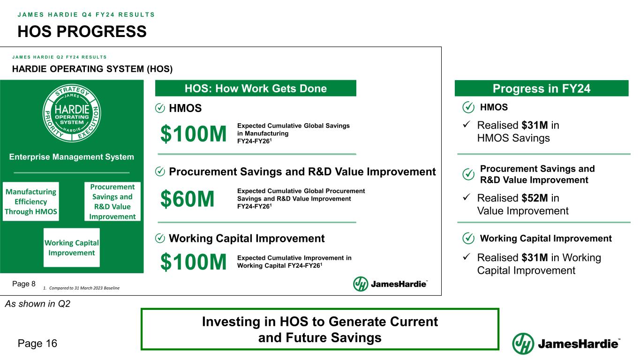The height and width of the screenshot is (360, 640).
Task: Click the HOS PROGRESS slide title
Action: pyautogui.click(x=82, y=31)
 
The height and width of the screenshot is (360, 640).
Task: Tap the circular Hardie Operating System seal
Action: pyautogui.click(x=72, y=113)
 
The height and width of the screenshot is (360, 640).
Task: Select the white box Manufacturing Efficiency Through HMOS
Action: pyautogui.click(x=31, y=202)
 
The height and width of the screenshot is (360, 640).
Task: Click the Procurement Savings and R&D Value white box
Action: pyautogui.click(x=113, y=202)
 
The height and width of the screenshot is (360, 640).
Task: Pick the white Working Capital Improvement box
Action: pyautogui.click(x=72, y=247)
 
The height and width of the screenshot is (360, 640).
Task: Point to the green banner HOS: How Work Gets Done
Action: pyautogui.click(x=256, y=88)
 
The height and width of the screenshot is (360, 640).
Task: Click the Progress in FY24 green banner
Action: pyautogui.click(x=542, y=88)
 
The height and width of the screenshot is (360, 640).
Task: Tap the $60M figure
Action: pyautogui.click(x=188, y=199)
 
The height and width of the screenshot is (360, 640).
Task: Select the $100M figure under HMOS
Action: pyautogui.click(x=194, y=134)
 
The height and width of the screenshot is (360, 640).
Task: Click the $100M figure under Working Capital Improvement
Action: pyautogui.click(x=194, y=262)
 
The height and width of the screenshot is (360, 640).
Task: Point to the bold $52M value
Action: pyautogui.click(x=535, y=198)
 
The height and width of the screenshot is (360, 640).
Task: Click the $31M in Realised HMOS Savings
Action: pyautogui.click(x=535, y=125)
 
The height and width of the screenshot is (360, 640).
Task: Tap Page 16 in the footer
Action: pyautogui.click(x=38, y=344)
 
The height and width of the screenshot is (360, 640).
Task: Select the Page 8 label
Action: pyautogui.click(x=24, y=284)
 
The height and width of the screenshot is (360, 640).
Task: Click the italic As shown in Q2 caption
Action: pyautogui.click(x=38, y=304)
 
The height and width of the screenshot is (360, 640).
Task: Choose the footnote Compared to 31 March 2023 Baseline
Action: pyautogui.click(x=82, y=288)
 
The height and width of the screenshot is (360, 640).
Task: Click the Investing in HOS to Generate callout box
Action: pyautogui.click(x=320, y=329)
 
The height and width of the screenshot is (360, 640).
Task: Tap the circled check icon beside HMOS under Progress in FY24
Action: pyautogui.click(x=468, y=107)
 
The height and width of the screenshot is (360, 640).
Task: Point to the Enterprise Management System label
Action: pyautogui.click(x=71, y=157)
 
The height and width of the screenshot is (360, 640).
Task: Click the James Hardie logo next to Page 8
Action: pyautogui.click(x=390, y=284)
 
